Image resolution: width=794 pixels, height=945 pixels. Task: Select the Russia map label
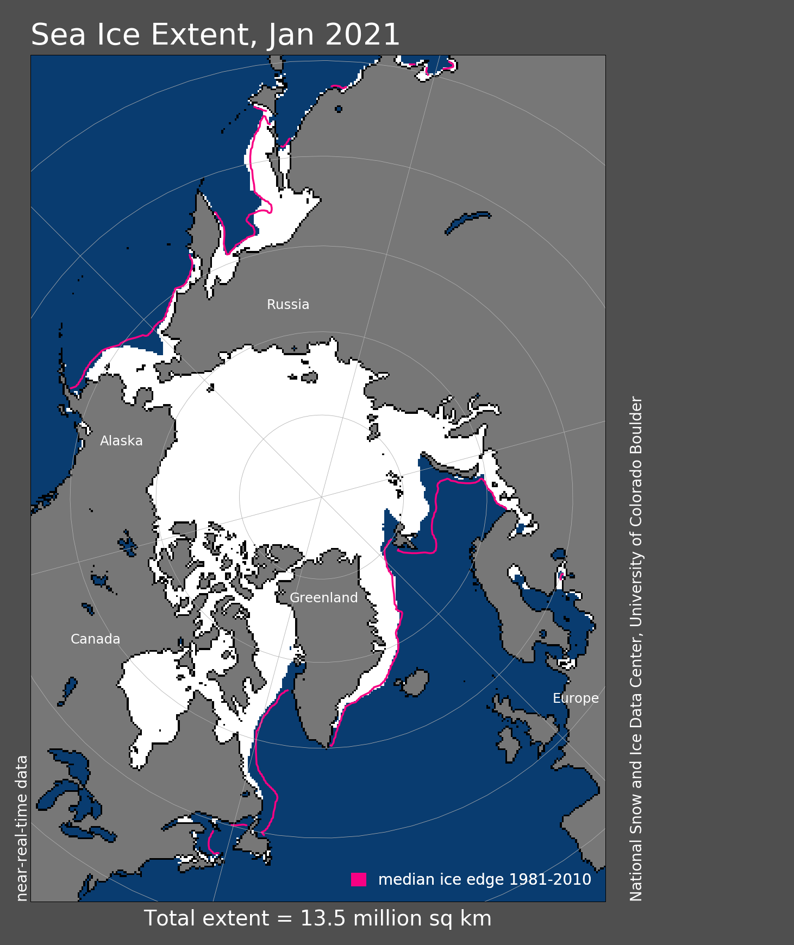(288, 305)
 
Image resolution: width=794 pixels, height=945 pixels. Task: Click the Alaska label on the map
(121, 441)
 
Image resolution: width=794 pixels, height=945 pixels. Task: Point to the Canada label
(95, 639)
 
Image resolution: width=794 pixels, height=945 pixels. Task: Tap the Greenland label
(324, 598)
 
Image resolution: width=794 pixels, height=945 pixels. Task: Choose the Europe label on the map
(576, 698)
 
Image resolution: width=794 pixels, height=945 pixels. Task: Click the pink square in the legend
(359, 879)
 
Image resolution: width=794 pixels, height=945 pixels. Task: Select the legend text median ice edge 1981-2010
(484, 879)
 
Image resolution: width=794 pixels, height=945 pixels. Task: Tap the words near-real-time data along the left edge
(22, 828)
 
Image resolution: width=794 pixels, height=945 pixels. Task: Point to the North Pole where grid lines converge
(322, 497)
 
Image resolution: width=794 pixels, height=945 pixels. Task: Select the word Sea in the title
(58, 35)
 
